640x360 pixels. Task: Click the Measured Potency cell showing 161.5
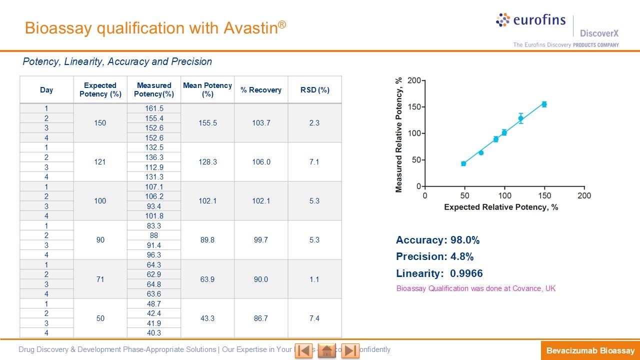coord(154,108)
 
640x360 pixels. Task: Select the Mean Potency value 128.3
coord(207,162)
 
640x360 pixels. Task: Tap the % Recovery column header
coord(261,90)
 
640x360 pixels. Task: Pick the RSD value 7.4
coord(314,318)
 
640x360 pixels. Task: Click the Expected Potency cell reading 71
coord(100,279)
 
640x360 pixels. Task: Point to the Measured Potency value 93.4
coord(154,206)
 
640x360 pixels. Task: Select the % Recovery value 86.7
coord(261,318)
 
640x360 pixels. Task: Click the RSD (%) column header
coord(314,90)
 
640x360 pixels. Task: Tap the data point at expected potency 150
coord(544,104)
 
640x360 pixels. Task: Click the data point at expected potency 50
coord(463,163)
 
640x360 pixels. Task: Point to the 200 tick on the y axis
coord(413,80)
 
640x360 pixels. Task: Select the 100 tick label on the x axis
coord(504,195)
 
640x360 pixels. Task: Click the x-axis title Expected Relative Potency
coord(500,207)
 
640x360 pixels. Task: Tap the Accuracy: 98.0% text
coord(437,240)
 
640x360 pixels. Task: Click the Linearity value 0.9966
coord(466,273)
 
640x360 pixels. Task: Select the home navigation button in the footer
coord(327,350)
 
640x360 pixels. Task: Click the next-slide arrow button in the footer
coord(350,350)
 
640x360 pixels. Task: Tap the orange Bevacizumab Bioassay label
coord(590,350)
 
